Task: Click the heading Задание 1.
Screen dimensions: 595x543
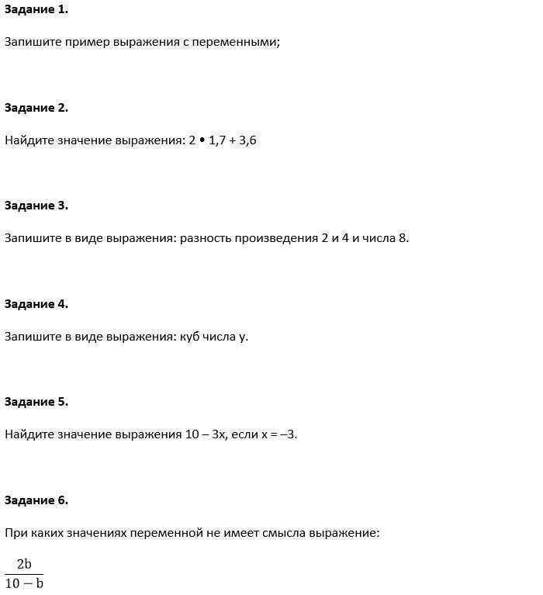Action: click(x=36, y=10)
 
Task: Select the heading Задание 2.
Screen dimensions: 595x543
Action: click(x=36, y=108)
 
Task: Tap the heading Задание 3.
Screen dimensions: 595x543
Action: click(x=36, y=206)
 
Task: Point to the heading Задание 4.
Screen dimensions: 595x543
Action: click(x=36, y=304)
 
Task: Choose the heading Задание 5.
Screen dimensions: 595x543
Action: click(x=36, y=402)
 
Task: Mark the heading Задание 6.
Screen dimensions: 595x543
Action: click(x=36, y=500)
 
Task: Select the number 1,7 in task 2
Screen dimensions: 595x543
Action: click(x=216, y=140)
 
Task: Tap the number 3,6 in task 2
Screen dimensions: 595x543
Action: click(x=247, y=140)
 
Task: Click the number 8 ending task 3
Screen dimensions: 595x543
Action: click(x=403, y=238)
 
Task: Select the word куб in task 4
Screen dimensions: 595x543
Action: click(x=190, y=337)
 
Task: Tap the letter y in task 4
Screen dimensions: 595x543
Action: click(x=243, y=337)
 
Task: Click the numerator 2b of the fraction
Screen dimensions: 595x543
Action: click(x=24, y=565)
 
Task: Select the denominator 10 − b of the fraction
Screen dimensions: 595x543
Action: click(x=24, y=583)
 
